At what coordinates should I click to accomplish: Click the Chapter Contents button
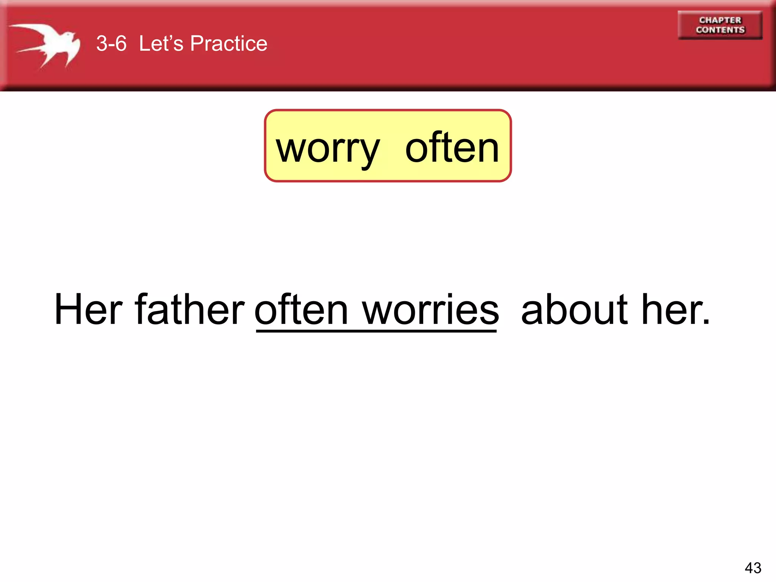click(x=720, y=25)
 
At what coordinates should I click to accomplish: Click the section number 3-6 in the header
click(x=111, y=43)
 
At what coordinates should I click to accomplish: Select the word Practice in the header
click(x=228, y=43)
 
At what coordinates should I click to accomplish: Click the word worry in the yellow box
click(x=327, y=149)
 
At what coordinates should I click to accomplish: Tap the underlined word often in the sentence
click(x=301, y=310)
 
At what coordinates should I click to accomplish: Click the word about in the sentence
click(x=574, y=310)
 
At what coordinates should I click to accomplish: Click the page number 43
click(x=753, y=568)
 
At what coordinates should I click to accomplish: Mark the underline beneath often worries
click(x=376, y=332)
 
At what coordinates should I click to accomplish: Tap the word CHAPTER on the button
click(x=720, y=20)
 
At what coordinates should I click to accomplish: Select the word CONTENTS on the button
click(x=720, y=30)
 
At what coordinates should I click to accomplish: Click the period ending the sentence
click(x=706, y=322)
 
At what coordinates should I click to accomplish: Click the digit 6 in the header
click(x=121, y=43)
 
